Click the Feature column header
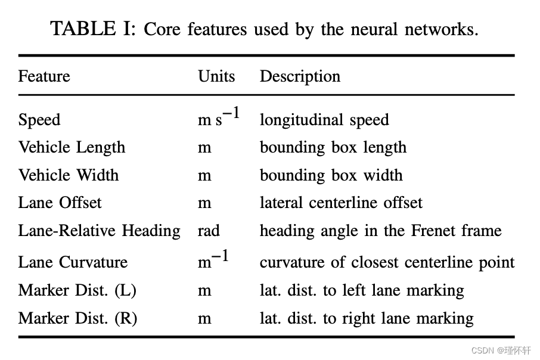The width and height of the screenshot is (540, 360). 44,77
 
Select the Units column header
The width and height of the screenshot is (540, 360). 216,77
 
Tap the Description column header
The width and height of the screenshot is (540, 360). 300,77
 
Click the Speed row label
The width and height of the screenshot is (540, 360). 39,120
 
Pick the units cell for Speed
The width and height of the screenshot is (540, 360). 219,117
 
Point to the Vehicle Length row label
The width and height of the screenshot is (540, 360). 72,148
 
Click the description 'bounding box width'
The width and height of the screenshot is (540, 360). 331,175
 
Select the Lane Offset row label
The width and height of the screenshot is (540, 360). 60,203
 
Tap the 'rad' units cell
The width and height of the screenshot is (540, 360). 209,231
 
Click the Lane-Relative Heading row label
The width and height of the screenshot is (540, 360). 99,231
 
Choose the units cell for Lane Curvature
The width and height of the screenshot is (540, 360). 213,260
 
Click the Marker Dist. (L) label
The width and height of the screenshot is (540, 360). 77,290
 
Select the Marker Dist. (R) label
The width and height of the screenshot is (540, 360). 77,318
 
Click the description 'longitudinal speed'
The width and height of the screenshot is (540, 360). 324,120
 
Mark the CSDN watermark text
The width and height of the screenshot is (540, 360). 501,350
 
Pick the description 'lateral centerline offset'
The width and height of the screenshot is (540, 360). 341,203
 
